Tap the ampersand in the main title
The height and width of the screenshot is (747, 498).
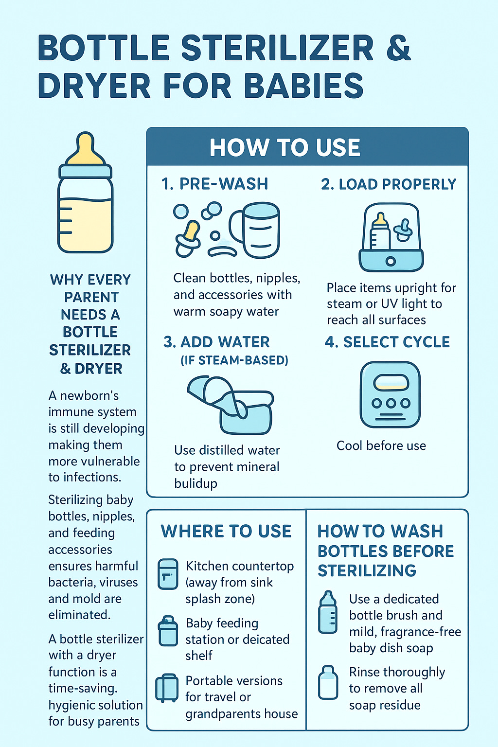(398, 48)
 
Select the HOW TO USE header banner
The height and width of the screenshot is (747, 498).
(307, 146)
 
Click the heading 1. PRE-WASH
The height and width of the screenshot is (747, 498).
(214, 184)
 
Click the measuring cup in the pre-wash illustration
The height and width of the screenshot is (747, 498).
(255, 230)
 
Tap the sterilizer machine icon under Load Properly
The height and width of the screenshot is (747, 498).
(391, 237)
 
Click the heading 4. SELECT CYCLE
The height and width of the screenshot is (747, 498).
(387, 342)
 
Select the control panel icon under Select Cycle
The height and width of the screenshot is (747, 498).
(390, 394)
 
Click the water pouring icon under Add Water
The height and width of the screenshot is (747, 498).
(231, 405)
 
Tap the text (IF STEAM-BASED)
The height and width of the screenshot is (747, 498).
(234, 360)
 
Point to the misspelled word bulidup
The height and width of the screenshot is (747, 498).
(196, 483)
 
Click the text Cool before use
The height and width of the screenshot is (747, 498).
(381, 445)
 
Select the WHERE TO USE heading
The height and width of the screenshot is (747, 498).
(226, 531)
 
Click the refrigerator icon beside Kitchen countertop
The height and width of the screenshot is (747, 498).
(168, 574)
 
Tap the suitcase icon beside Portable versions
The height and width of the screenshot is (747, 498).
(166, 687)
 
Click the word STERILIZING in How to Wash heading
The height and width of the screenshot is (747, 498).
(367, 570)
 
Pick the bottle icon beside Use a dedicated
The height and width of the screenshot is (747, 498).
(328, 612)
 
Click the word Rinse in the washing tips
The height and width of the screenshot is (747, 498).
(364, 672)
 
